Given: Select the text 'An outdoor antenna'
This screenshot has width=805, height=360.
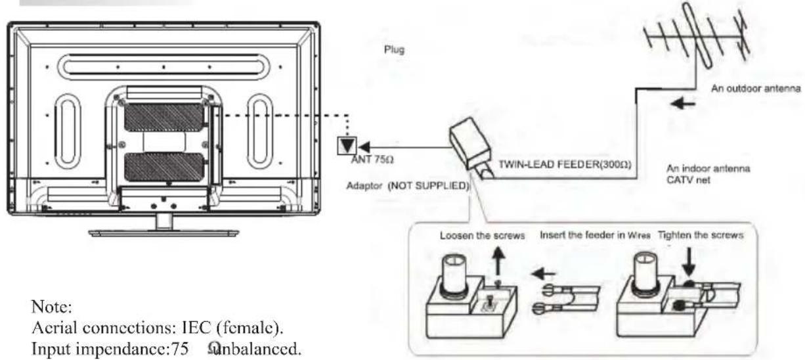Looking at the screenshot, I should tap(756, 90).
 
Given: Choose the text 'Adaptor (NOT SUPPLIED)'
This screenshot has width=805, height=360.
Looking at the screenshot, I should tap(407, 186).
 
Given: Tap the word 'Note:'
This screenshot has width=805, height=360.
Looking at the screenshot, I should tap(47, 307).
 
